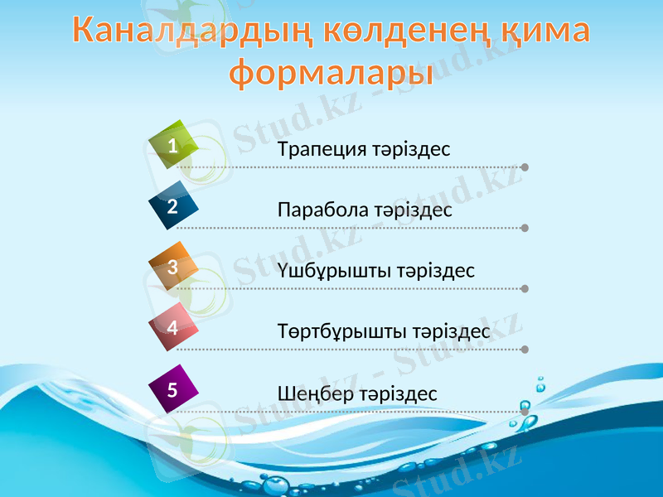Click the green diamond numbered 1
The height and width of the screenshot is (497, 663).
(173, 146)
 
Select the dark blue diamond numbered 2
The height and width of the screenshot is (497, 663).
(173, 206)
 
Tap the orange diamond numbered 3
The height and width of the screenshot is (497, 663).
(173, 267)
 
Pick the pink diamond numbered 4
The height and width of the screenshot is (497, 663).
(173, 327)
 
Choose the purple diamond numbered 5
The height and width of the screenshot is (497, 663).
(173, 388)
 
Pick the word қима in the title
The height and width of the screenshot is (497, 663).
(545, 31)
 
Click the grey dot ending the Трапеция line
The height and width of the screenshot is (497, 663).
(525, 167)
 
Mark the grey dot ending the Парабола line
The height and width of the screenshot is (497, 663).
(525, 228)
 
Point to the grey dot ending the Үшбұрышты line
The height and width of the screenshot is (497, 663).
(525, 289)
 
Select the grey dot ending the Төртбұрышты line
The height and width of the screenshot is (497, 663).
(525, 350)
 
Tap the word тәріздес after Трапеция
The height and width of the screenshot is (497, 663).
(411, 150)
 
